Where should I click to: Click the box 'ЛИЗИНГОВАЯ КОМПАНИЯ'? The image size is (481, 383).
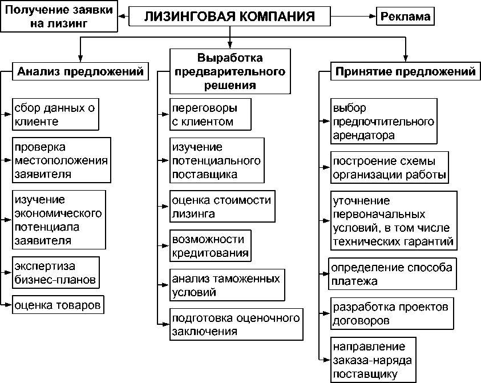point(229,16)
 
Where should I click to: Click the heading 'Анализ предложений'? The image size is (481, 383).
point(79,72)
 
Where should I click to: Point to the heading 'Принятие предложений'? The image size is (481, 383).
point(405,72)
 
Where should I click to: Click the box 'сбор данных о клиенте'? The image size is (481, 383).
point(56,114)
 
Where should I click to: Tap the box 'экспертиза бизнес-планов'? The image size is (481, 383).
point(55,273)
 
